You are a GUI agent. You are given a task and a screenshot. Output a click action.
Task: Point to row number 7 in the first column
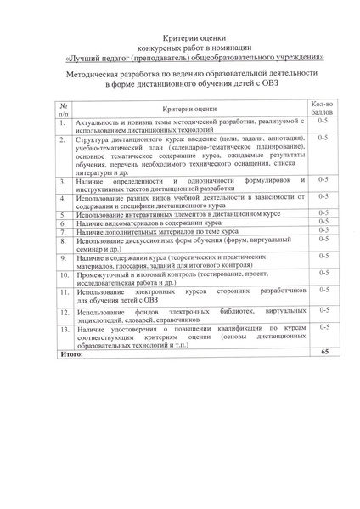(62, 232)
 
